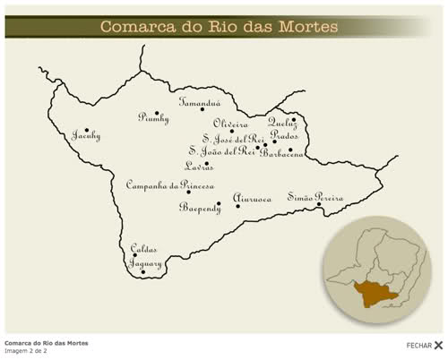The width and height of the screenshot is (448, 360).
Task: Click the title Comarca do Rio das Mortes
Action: point(219,27)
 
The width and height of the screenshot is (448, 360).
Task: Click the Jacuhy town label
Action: point(86,136)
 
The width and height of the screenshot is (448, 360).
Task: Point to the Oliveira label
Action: point(230,124)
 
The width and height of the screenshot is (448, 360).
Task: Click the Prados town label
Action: point(284,135)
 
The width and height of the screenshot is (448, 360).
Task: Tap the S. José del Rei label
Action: point(233,139)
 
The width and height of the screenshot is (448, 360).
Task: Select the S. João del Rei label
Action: point(221,151)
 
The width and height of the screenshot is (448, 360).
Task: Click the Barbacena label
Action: point(282,153)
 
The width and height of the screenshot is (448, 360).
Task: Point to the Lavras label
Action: point(199,167)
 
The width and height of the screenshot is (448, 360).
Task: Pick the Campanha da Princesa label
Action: point(169,184)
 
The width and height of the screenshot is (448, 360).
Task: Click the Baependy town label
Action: point(199,208)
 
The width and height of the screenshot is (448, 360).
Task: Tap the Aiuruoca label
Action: point(252,199)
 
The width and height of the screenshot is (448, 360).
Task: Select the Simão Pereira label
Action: point(315,196)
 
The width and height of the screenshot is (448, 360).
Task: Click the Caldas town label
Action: point(143,249)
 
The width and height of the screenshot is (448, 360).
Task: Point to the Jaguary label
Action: point(145,264)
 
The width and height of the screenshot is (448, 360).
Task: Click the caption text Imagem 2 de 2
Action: point(26,350)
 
